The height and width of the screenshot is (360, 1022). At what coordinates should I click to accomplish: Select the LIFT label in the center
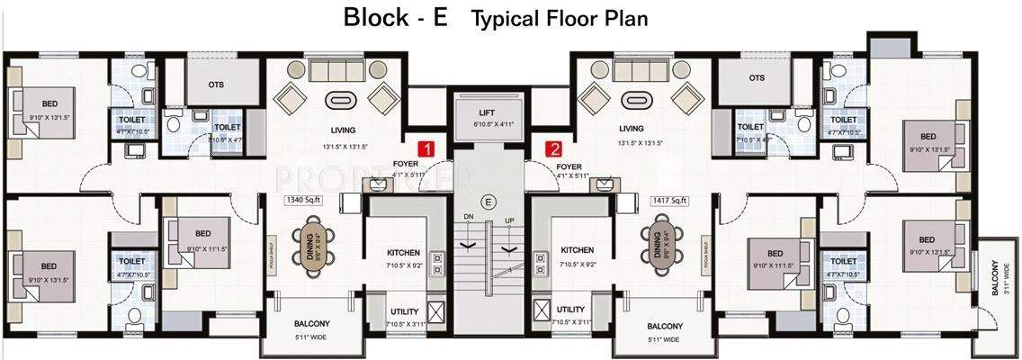pos(489,112)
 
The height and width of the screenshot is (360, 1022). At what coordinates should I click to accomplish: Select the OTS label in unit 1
pos(216,85)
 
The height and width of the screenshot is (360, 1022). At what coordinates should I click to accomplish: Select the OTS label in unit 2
pos(756,77)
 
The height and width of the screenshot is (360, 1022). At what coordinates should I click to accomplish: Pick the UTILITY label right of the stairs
pos(570,310)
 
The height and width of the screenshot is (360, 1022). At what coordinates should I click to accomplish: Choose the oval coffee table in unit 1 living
pos(341,100)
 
